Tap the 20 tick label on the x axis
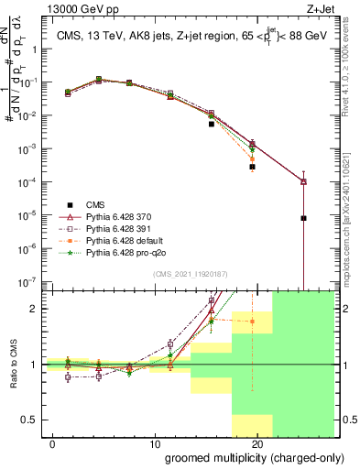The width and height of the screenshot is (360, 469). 258,444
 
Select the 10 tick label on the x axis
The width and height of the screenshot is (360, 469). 155,444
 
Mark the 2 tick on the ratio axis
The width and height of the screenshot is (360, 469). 33,309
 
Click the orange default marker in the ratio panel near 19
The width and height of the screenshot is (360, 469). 252,322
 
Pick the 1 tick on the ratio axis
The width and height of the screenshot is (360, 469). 33,365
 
